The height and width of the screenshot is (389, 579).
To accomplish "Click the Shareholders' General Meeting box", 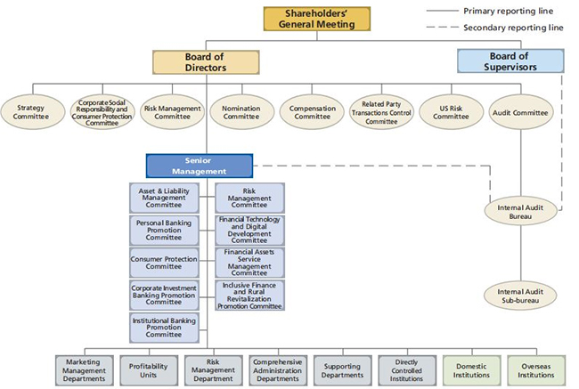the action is [x=317, y=19].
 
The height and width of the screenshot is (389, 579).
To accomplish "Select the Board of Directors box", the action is [x=206, y=62].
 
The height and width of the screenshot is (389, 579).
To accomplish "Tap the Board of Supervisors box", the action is [x=510, y=61].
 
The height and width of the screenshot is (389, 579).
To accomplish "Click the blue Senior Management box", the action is [x=200, y=166].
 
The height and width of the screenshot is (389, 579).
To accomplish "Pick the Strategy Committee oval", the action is [x=32, y=112].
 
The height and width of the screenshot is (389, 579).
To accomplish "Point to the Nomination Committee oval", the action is [x=242, y=112].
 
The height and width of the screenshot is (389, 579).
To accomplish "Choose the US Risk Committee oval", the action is [x=452, y=112].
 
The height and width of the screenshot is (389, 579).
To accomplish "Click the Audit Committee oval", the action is [x=521, y=112].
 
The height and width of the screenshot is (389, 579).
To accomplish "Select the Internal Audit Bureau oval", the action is [x=521, y=212].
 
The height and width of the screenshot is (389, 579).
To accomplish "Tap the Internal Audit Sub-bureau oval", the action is [x=521, y=296].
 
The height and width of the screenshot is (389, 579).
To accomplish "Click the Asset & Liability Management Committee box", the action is [x=164, y=199].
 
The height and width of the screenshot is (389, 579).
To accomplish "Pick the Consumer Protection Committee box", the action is [x=164, y=263].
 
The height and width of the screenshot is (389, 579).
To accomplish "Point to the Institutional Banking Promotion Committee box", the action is [x=164, y=328].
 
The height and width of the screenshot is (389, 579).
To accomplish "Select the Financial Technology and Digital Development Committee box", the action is [x=250, y=231].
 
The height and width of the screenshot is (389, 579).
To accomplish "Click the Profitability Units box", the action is [x=149, y=370].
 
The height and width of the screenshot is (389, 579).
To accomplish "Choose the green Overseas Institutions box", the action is [x=536, y=370].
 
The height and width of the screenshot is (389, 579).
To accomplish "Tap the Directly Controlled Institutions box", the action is [x=407, y=370].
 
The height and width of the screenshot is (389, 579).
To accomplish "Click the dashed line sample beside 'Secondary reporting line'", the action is [x=442, y=27].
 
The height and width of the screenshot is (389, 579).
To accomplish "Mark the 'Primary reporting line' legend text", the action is [x=509, y=11].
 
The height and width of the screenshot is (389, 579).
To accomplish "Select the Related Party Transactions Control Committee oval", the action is [x=381, y=112].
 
